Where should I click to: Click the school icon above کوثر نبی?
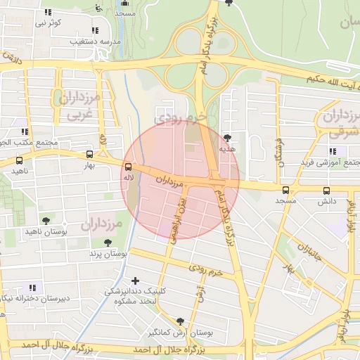(48, 12)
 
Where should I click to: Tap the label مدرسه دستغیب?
(94, 42)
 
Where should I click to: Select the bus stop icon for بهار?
(89, 154)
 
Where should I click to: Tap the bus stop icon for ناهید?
(18, 160)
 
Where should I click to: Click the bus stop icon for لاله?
(128, 167)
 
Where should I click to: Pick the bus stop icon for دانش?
(326, 190)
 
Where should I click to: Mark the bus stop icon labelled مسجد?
(285, 190)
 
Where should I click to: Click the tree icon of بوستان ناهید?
(46, 220)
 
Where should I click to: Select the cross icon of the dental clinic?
(136, 281)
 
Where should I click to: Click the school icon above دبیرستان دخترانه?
(32, 288)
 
